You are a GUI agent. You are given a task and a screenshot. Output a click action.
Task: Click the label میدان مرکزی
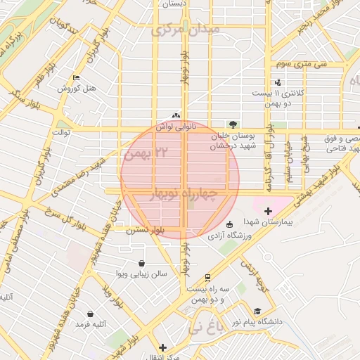point(186,30)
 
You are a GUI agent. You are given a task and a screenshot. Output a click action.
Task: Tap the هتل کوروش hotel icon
point(76,77)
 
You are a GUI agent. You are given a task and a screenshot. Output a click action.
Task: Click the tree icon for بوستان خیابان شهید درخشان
point(233,124)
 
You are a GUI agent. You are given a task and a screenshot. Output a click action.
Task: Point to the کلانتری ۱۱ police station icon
point(268,83)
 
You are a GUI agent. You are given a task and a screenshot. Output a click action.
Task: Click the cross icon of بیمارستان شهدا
point(268,211)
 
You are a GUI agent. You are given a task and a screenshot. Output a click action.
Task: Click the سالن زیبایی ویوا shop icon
point(143,263)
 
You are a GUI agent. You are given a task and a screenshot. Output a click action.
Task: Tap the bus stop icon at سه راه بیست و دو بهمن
point(207,278)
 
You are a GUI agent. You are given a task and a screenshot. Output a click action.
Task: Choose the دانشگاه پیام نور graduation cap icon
point(257,311)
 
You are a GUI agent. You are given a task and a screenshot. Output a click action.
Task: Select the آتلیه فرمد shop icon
point(90,314)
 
